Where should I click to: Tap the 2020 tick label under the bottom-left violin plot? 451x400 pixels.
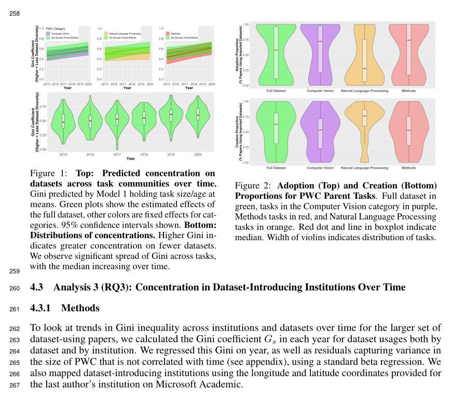coord(197,155)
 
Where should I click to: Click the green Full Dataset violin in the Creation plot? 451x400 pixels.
coord(276,132)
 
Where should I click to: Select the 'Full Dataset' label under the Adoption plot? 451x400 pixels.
coord(276,91)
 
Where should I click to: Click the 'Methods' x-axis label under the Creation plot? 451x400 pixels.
coord(409,168)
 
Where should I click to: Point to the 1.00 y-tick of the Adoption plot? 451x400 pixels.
coord(245,24)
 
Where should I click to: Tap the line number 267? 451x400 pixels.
coord(14,384)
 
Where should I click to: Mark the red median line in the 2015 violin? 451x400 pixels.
coord(63,122)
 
